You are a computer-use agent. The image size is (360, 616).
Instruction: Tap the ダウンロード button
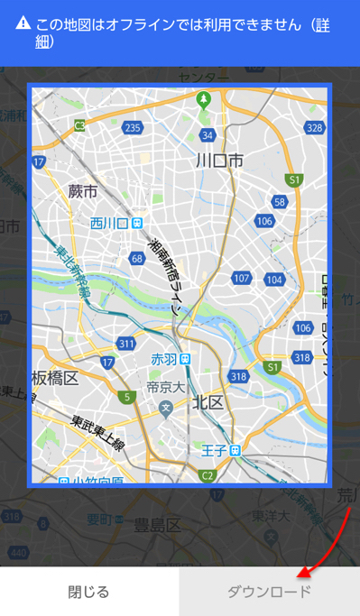point(269,592)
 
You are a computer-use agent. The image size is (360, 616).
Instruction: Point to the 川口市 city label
point(219,161)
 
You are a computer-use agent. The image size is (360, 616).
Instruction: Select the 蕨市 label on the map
point(82,191)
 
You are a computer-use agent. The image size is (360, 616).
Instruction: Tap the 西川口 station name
point(110,223)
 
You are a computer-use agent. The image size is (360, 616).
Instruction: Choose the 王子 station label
point(214,449)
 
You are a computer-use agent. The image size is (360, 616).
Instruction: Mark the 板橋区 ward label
point(57,376)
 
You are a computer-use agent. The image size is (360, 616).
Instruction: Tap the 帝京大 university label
point(165,387)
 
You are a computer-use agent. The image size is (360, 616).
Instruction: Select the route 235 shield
point(133,128)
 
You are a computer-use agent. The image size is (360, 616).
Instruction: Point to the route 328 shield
point(314,128)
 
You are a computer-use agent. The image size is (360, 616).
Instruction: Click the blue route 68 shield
point(137,259)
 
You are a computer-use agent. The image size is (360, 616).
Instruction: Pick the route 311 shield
point(125,344)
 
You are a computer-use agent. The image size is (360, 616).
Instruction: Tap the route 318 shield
point(238,377)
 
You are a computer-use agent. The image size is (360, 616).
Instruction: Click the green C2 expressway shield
point(207,474)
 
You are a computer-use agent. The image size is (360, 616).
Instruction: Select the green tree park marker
point(204,98)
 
